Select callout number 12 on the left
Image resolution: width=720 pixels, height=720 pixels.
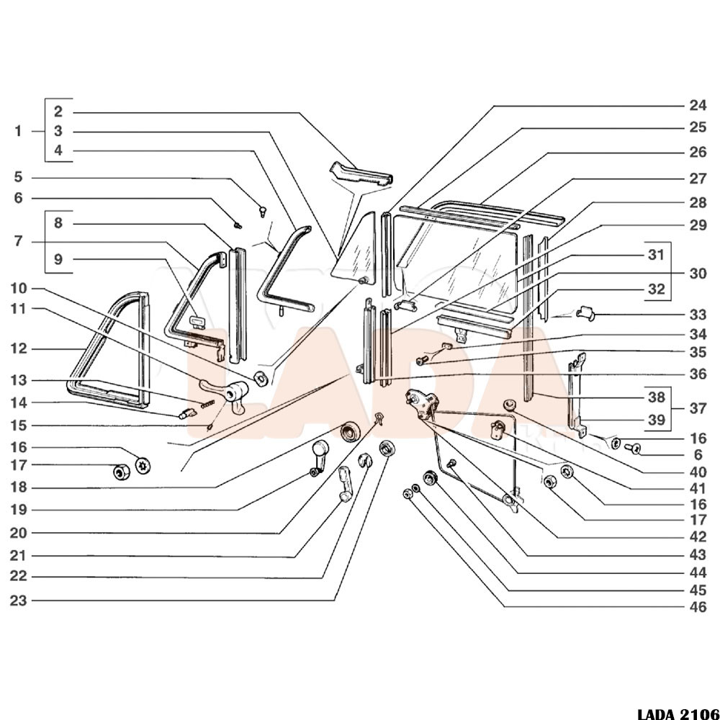tap(18, 348)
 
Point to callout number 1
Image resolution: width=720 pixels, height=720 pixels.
tap(18, 131)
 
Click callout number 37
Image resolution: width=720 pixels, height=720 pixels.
tap(697, 408)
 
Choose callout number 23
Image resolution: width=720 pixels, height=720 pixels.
tap(18, 600)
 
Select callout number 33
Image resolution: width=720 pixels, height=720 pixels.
tap(697, 315)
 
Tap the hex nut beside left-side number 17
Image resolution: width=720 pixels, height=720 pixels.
tap(119, 473)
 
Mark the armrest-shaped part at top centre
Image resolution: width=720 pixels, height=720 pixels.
tap(360, 175)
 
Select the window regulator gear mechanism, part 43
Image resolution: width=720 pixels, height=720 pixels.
tap(420, 402)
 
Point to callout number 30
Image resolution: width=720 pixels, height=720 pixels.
tap(697, 274)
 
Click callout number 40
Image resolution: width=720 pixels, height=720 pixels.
tap(697, 472)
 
